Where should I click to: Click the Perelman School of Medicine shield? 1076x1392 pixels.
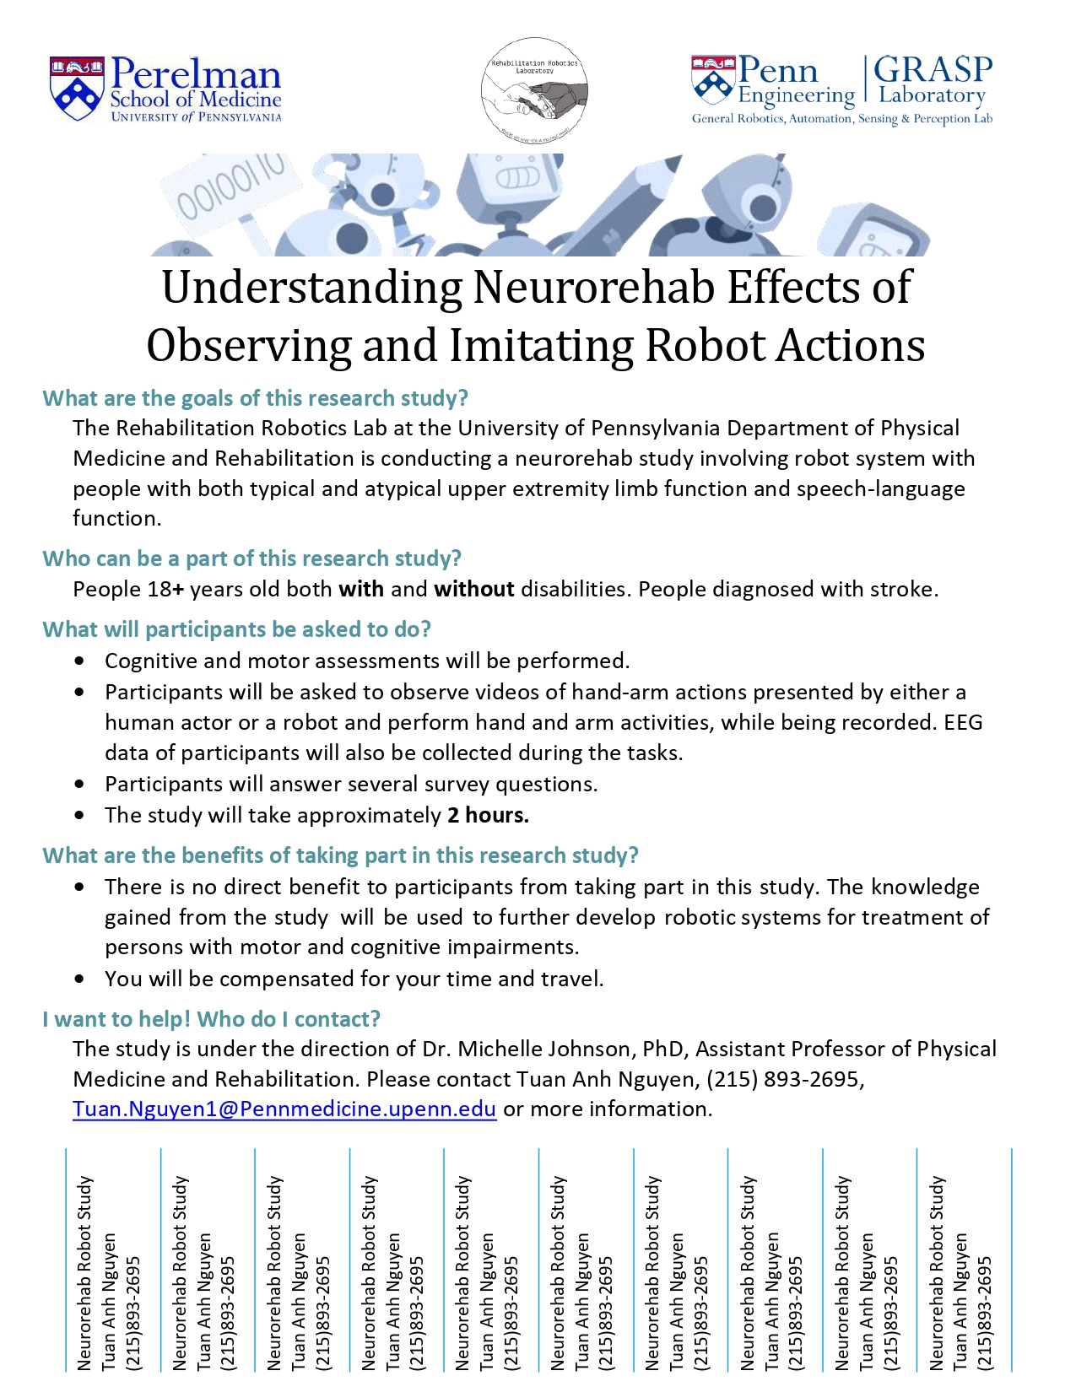pos(77,89)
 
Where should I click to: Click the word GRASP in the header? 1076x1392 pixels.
pos(933,69)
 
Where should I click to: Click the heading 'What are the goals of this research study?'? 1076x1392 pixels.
pos(255,398)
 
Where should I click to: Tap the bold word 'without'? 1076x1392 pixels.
pos(474,589)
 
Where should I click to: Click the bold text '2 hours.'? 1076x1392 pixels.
pos(488,815)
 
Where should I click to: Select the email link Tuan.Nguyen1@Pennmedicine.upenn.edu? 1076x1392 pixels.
pos(284,1109)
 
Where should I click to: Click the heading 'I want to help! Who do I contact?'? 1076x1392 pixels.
pos(211,1019)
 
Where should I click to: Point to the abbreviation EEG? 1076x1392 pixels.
pos(963,722)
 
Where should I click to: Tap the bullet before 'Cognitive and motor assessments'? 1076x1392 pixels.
pos(79,661)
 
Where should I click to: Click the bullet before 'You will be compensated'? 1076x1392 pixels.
pos(79,979)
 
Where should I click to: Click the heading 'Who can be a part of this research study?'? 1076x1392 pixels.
pos(251,558)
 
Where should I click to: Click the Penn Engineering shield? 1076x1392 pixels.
pos(713,82)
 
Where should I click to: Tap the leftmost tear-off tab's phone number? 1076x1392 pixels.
pos(133,1312)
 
